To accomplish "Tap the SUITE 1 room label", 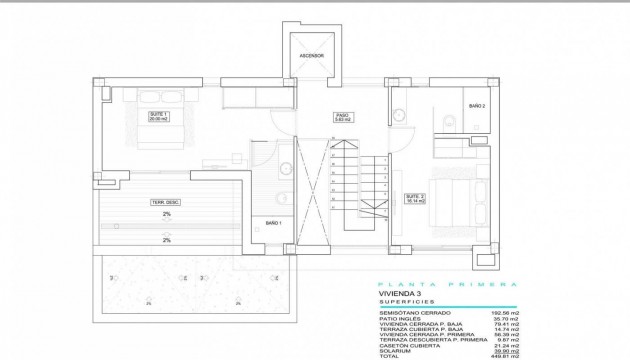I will [x=159, y=116].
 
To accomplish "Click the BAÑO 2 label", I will [x=477, y=106].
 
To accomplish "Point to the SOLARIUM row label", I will [x=397, y=349].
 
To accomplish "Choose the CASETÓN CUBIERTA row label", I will [x=408, y=343].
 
